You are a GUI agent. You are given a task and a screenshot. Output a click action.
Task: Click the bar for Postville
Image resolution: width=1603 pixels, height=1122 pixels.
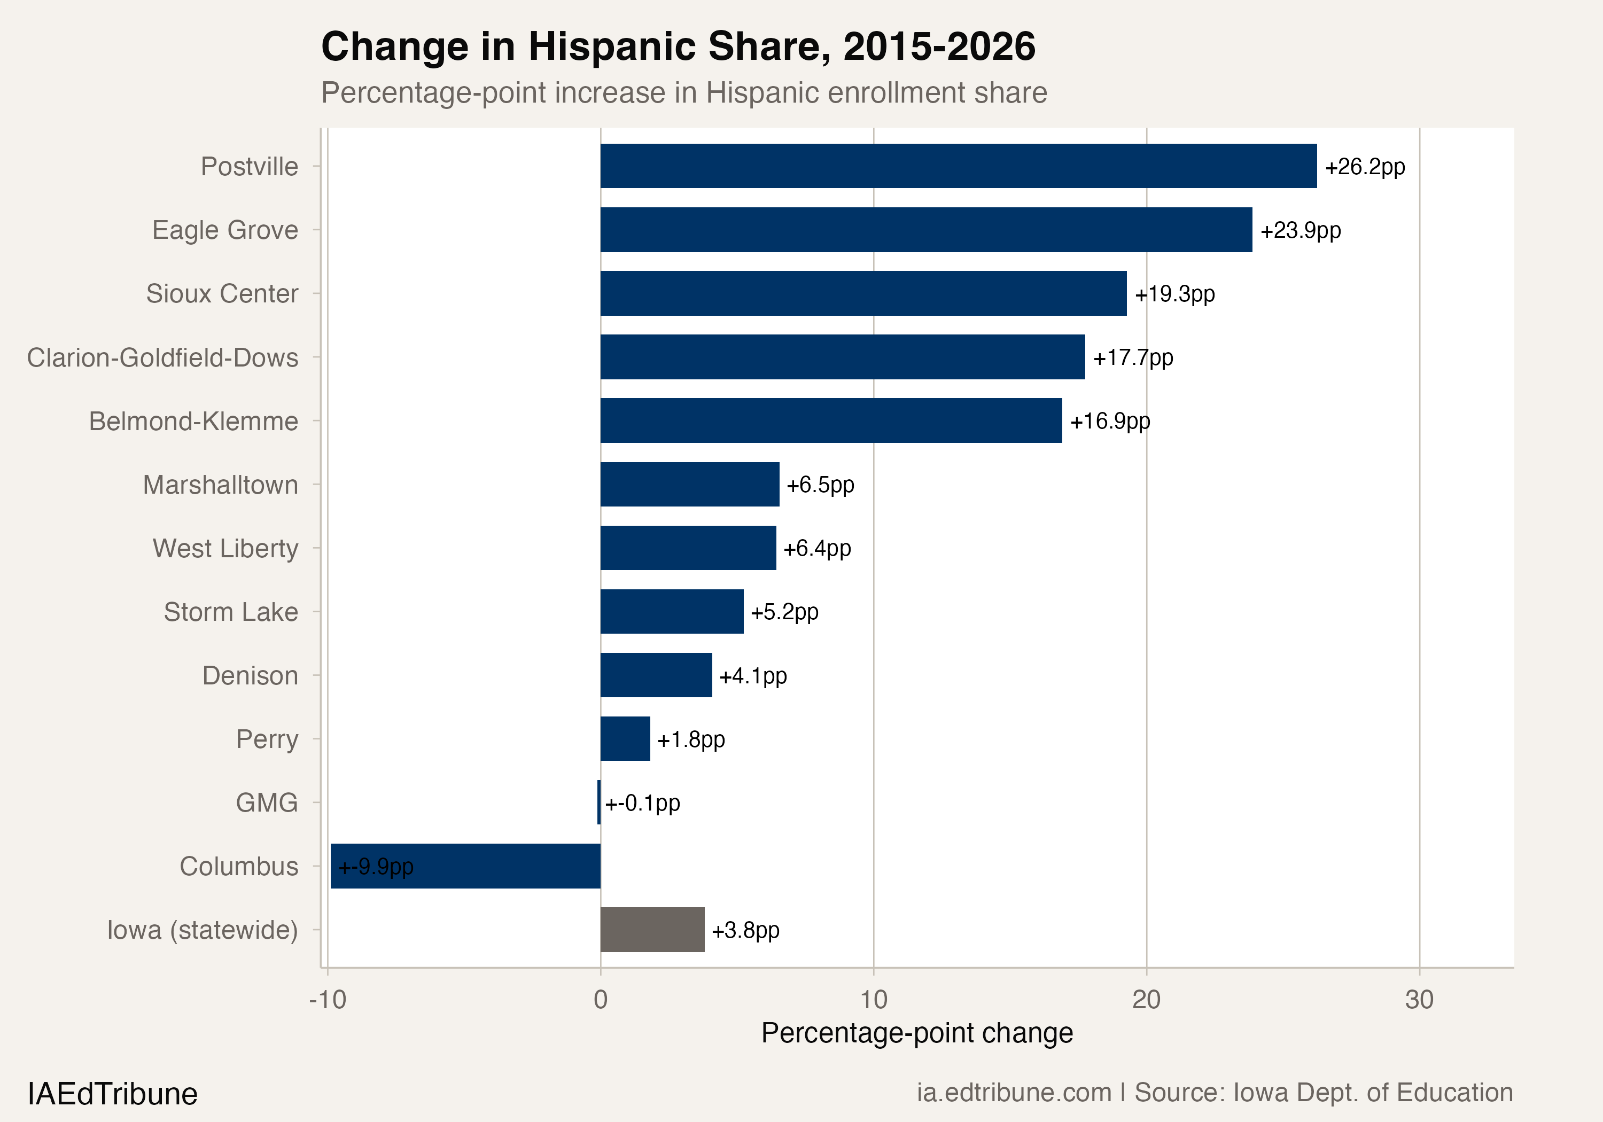[x=958, y=166]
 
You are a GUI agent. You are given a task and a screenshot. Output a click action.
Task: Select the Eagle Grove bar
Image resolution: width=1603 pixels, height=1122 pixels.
[x=926, y=230]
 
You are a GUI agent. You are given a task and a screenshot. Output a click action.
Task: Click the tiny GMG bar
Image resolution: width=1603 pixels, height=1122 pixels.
[x=599, y=802]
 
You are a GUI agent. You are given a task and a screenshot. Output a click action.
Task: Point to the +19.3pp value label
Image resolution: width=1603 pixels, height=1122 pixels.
[x=1174, y=294]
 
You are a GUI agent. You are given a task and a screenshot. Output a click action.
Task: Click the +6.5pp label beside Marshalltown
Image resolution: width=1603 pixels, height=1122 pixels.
[x=820, y=485]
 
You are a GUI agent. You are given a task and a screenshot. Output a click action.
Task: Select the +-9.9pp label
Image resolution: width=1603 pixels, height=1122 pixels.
[x=376, y=867]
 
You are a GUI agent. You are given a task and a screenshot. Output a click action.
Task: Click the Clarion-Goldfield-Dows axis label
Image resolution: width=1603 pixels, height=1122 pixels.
[x=162, y=357]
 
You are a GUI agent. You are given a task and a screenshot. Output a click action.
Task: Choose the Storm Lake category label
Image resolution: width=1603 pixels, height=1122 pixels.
[x=230, y=612]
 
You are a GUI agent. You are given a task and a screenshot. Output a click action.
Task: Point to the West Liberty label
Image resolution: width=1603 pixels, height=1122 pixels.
[x=225, y=548]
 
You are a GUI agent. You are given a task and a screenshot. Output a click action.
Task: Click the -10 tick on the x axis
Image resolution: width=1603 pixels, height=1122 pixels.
[x=328, y=1000]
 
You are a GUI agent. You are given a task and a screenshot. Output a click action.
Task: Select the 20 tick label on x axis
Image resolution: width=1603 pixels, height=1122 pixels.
[x=1146, y=1000]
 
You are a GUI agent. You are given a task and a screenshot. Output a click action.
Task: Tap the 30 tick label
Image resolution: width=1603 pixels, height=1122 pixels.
[x=1419, y=1000]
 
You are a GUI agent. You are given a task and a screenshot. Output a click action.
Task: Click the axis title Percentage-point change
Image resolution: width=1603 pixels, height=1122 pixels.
[x=917, y=1033]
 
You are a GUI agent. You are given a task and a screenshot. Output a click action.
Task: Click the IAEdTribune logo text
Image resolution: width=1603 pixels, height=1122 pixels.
[x=112, y=1093]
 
